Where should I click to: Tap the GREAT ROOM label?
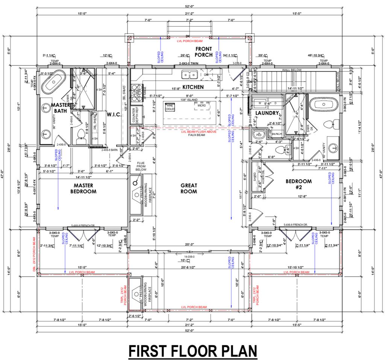click(189, 188)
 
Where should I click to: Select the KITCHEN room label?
click(193, 87)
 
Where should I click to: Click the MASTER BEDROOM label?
click(85, 188)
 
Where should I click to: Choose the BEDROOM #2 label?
click(297, 184)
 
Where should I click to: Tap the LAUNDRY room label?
click(267, 113)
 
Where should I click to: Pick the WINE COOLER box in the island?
click(170, 107)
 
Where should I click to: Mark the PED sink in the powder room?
click(258, 134)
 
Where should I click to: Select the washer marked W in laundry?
click(259, 103)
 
